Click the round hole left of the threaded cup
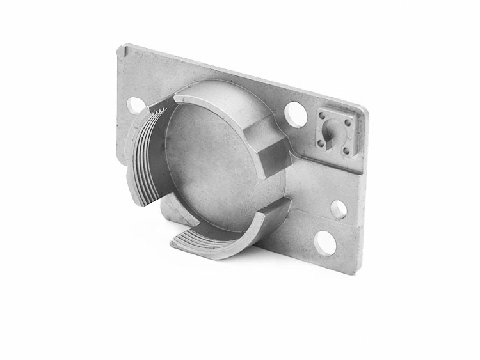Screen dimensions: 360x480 [x=136, y=105]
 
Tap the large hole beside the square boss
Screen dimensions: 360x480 [x=295, y=114]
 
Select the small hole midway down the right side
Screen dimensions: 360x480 [x=339, y=208]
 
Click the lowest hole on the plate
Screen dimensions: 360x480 [x=325, y=243]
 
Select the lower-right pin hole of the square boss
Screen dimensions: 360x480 [x=346, y=151]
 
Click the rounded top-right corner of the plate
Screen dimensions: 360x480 [x=364, y=110]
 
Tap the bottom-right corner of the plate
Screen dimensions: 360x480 [x=356, y=272]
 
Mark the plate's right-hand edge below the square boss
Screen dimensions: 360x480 [x=362, y=211]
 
